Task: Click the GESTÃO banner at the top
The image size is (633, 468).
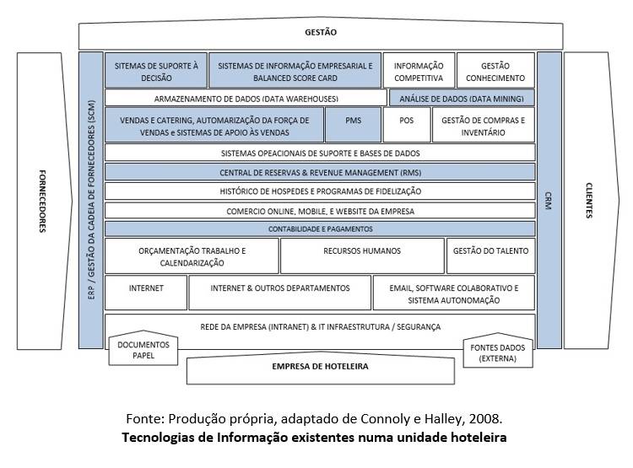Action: pyautogui.click(x=320, y=33)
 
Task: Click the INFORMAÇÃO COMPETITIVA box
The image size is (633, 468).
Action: pyautogui.click(x=418, y=71)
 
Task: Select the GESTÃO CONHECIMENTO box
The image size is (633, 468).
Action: pyautogui.click(x=495, y=71)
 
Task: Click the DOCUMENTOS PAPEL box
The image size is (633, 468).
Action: pyautogui.click(x=143, y=350)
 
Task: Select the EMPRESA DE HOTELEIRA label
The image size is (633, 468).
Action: pyautogui.click(x=320, y=367)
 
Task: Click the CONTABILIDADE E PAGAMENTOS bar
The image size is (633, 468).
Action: pyautogui.click(x=320, y=229)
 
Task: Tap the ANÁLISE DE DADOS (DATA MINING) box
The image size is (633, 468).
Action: pyautogui.click(x=462, y=98)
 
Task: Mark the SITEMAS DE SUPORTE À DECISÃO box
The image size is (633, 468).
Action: pyautogui.click(x=157, y=71)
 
